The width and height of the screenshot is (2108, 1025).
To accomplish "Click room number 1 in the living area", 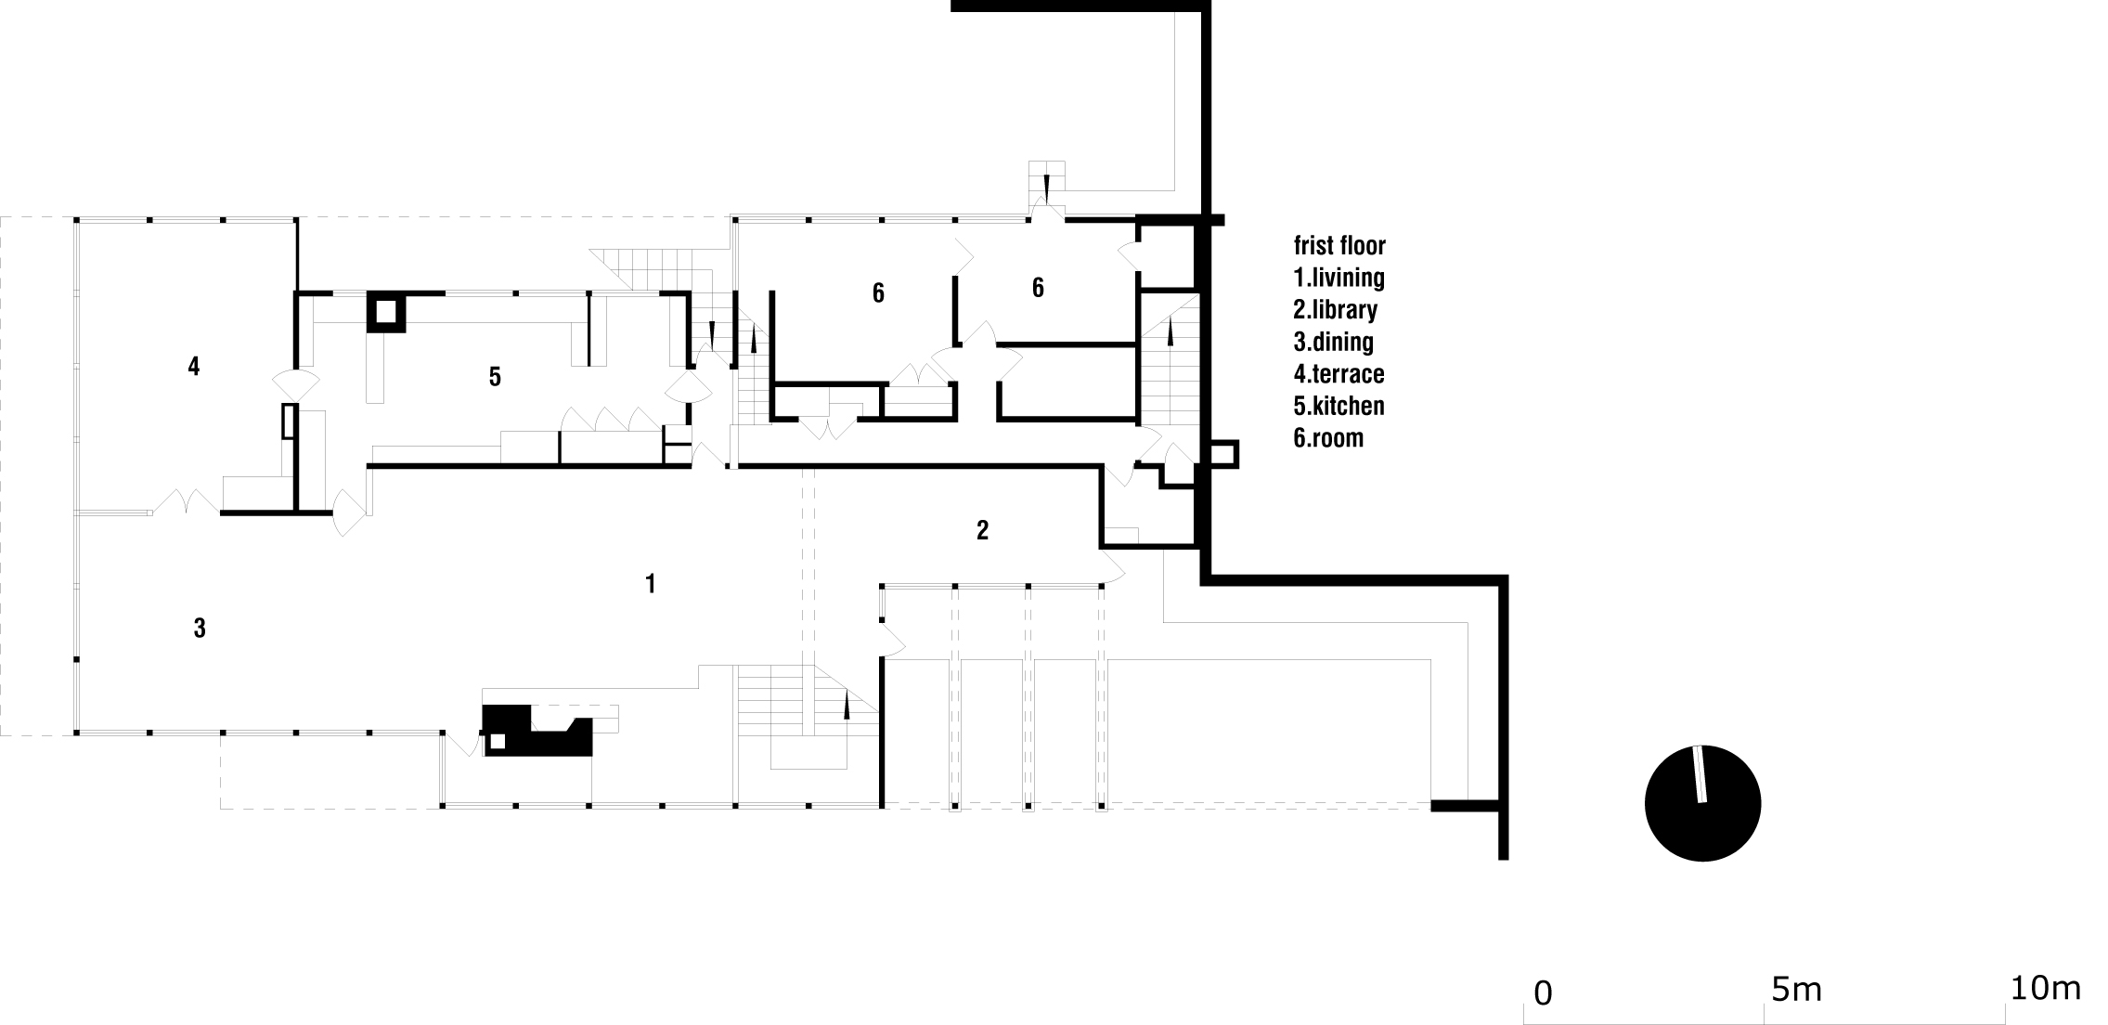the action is coord(651,584).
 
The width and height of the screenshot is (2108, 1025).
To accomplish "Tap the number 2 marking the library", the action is coord(983,530).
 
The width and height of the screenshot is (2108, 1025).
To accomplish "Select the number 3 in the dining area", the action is coord(200,629).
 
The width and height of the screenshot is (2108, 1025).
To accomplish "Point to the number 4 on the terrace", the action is coord(193,367).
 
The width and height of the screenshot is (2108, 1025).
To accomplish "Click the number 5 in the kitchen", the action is coord(495,376).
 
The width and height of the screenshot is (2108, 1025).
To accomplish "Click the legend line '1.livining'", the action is coord(1339,278).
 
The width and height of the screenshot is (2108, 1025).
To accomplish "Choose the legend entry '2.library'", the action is coord(1336,309).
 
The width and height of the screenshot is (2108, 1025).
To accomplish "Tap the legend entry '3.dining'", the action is coord(1334,342).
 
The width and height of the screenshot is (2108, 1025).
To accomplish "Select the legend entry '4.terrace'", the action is coord(1339,373).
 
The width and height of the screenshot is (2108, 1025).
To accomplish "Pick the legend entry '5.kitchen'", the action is coord(1339,406).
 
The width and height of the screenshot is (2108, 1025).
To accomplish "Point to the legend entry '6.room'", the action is coord(1328,437).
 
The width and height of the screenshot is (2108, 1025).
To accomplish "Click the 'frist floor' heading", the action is coord(1339,245).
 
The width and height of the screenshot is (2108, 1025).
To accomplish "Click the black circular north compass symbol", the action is coord(1702,803).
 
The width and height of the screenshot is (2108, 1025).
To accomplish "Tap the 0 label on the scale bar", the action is coord(1543,993).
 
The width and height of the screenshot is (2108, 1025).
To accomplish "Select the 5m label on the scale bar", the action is coord(1796,991).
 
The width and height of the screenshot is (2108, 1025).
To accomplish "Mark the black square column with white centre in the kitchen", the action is coord(386,312).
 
